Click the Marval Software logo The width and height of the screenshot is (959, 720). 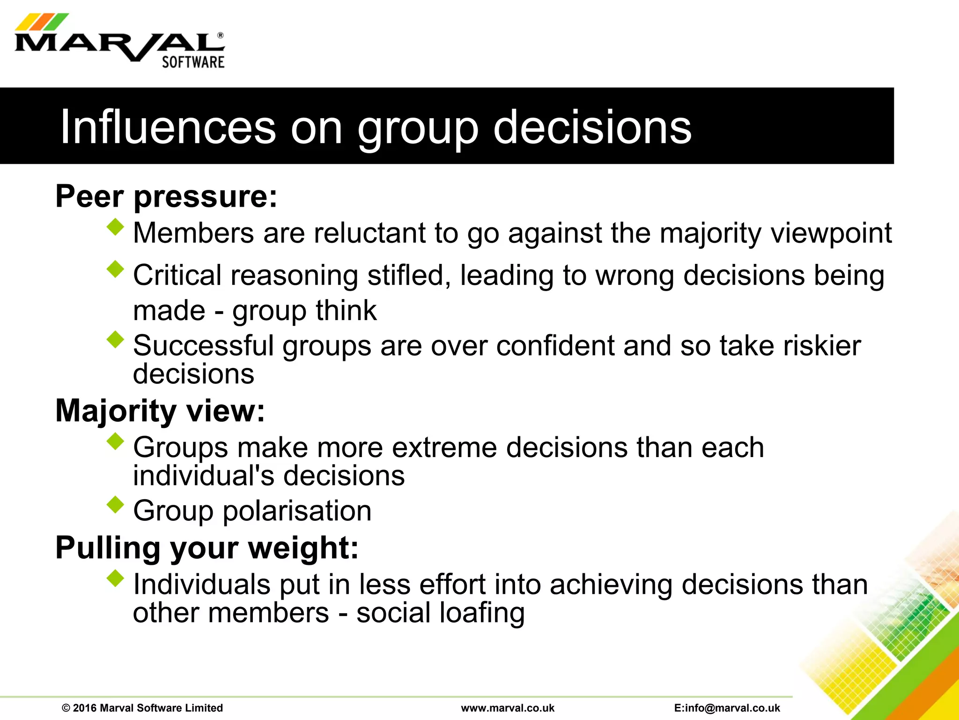click(119, 42)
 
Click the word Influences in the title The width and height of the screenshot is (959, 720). click(168, 127)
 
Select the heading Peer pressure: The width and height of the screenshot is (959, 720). click(166, 196)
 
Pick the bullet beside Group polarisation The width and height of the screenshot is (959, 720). click(115, 505)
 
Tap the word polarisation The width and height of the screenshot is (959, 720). click(297, 511)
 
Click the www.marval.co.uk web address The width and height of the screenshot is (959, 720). click(508, 708)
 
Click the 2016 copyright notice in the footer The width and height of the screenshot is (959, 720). click(142, 708)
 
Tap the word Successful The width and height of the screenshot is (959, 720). click(203, 346)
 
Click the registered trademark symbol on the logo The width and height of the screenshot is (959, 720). click(221, 36)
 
